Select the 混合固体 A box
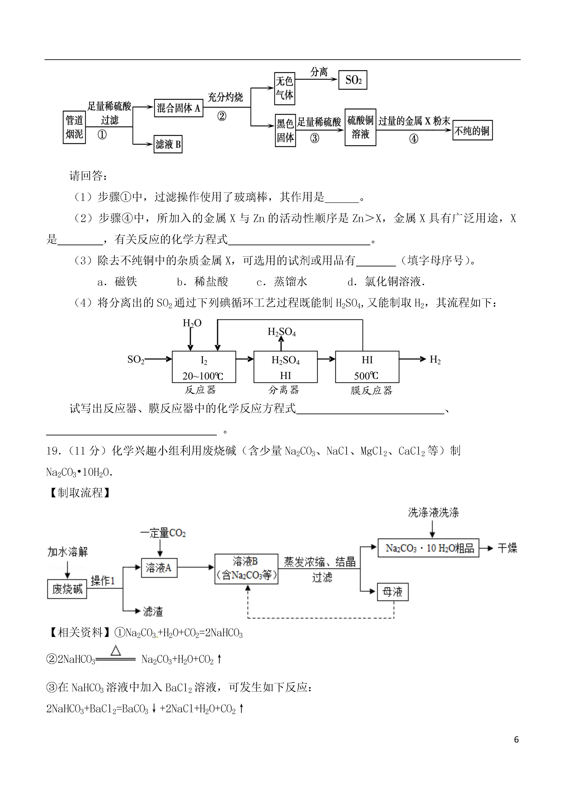178,108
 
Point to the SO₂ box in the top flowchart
353,80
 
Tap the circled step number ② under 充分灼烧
222,116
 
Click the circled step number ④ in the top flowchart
414,139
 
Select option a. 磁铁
117,282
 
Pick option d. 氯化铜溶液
386,282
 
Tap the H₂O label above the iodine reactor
192,323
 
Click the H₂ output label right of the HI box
435,360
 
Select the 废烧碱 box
67,589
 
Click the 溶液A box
159,568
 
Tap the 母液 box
393,592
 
